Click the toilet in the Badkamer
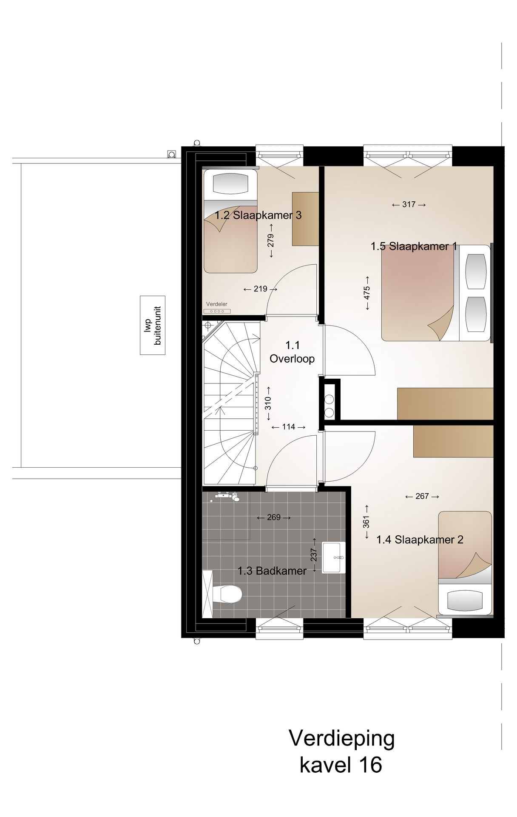click(227, 594)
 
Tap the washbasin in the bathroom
click(333, 557)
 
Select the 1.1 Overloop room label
click(292, 352)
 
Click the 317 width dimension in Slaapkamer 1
click(409, 205)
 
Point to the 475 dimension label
click(367, 293)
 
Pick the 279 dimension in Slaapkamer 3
click(271, 240)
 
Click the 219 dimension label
click(260, 289)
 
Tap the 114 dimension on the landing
click(288, 427)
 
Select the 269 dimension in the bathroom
click(274, 517)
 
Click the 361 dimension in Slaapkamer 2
click(366, 522)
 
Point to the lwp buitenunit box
click(153, 326)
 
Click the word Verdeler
click(217, 304)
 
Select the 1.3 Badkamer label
click(272, 571)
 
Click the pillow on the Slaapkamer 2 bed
click(465, 600)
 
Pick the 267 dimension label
click(422, 496)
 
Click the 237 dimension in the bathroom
click(314, 555)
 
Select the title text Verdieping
click(342, 739)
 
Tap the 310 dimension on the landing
click(268, 403)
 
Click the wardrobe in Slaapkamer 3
click(305, 219)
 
